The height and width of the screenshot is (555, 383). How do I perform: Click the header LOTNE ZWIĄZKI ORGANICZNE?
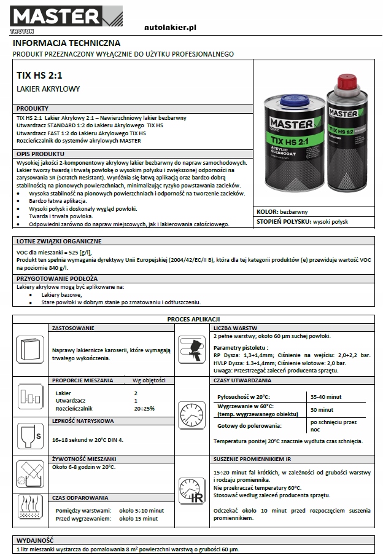[x=59, y=241]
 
